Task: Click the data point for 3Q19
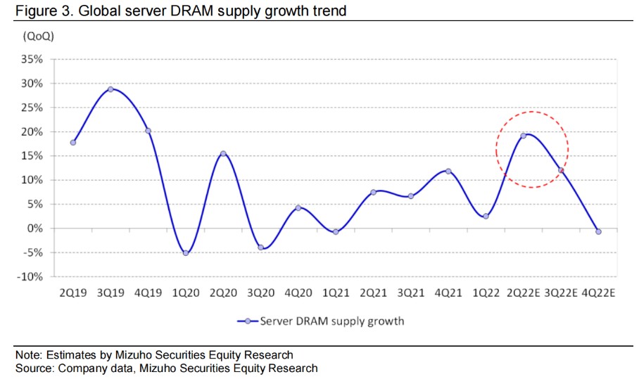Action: pyautogui.click(x=110, y=89)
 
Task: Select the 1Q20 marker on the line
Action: pyautogui.click(x=186, y=252)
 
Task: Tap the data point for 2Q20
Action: pyautogui.click(x=223, y=154)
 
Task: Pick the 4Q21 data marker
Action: pyautogui.click(x=448, y=171)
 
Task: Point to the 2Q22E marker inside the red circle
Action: pyautogui.click(x=523, y=136)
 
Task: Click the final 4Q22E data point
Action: pyautogui.click(x=598, y=231)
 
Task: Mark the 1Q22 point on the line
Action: pyautogui.click(x=486, y=216)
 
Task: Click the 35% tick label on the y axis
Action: pyautogui.click(x=32, y=59)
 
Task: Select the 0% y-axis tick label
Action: pyautogui.click(x=35, y=229)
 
